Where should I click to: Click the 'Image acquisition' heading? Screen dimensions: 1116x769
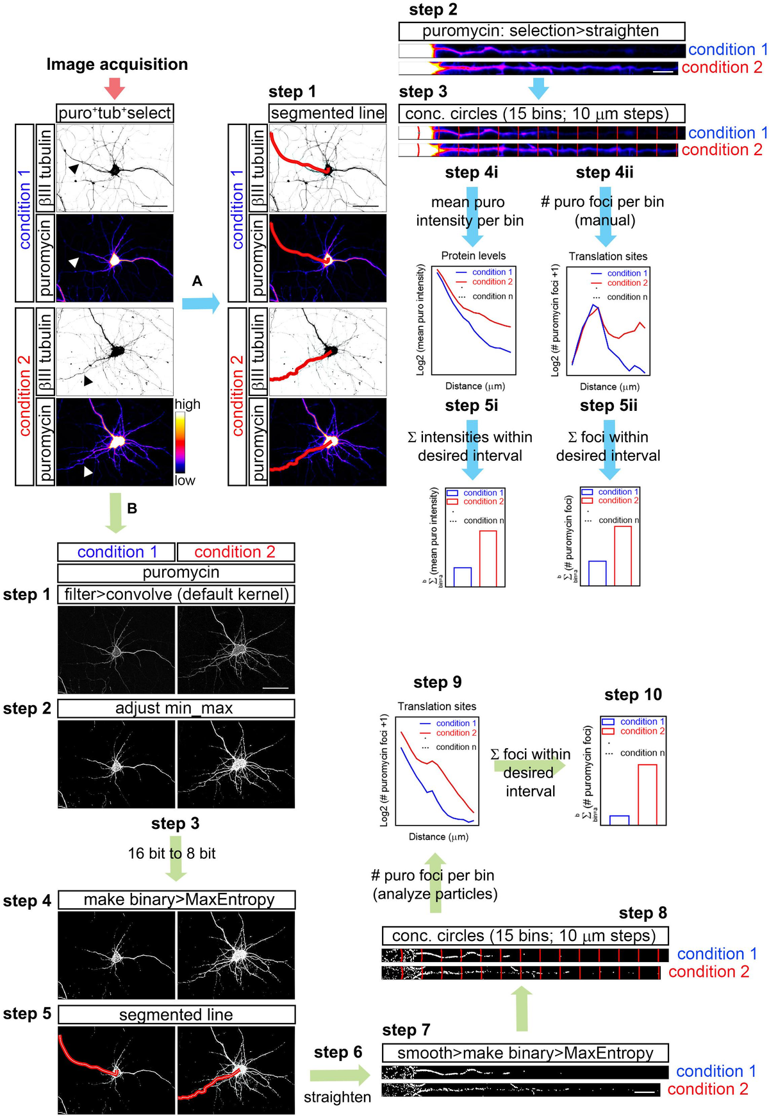117,64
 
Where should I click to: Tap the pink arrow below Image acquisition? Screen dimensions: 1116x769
114,88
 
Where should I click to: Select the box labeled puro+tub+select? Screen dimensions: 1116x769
115,113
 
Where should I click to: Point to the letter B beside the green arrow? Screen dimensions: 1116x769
132,508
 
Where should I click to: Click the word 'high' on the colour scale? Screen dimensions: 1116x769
187,404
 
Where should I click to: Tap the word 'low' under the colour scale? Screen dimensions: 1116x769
185,480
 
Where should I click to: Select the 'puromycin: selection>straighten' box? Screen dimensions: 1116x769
542,31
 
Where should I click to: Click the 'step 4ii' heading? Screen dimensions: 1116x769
604,172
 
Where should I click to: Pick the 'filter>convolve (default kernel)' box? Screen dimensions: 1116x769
176,594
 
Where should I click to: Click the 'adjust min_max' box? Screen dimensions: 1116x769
176,708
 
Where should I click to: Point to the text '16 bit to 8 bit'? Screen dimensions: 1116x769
172,853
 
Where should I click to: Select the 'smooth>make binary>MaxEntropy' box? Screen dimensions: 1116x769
525,1053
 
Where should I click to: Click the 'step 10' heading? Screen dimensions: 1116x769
633,695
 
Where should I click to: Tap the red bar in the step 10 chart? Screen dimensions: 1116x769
647,794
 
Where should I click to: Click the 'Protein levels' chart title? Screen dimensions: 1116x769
473,256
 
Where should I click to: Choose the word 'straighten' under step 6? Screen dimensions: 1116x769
337,1097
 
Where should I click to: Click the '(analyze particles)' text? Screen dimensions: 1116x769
435,894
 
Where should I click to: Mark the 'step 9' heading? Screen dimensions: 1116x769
437,682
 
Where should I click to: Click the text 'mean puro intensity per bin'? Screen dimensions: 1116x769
469,211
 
